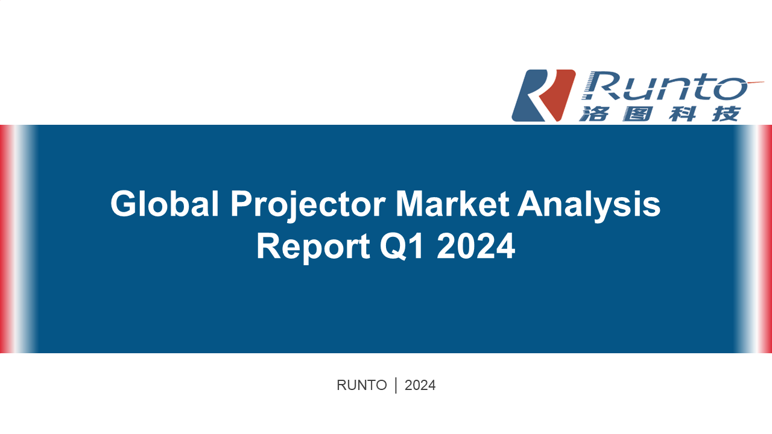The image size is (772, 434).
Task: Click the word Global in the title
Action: point(165,204)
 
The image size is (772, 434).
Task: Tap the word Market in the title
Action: point(452,204)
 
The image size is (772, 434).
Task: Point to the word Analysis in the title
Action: point(589,206)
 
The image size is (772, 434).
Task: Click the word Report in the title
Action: point(313,247)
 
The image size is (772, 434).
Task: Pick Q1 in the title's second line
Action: point(402,247)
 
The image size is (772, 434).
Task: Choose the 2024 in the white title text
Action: point(476,246)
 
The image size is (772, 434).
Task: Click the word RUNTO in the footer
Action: point(361,385)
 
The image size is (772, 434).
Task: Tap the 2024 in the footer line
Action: point(420,385)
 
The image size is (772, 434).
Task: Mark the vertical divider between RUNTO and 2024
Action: point(396,385)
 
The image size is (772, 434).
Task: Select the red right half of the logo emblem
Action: point(557,95)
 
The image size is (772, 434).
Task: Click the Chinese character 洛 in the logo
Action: point(594,114)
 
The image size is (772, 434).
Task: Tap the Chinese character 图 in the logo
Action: point(638,114)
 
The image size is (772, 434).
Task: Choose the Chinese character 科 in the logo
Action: point(682,114)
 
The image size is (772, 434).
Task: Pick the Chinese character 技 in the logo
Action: point(726,114)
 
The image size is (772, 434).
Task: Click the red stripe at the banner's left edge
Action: point(4,239)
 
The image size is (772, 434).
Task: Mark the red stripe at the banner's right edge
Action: point(768,239)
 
